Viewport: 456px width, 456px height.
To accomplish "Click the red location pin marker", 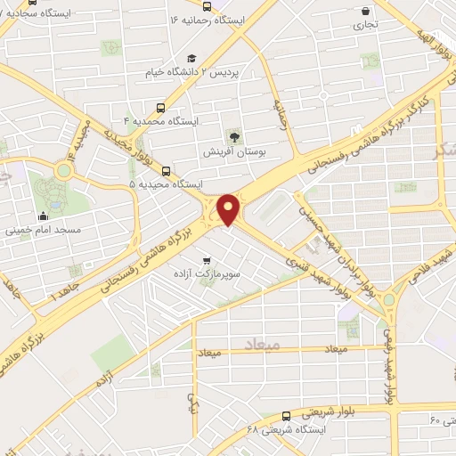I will (229, 209).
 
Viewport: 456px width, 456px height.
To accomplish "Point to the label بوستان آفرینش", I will (234, 152).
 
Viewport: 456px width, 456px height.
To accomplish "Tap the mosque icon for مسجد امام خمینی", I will (43, 216).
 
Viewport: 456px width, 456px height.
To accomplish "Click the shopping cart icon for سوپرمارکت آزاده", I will (208, 262).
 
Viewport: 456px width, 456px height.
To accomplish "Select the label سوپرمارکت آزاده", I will (208, 276).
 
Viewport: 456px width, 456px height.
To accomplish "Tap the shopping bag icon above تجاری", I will (367, 12).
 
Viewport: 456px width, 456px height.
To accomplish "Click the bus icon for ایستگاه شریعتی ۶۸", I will (286, 415).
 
